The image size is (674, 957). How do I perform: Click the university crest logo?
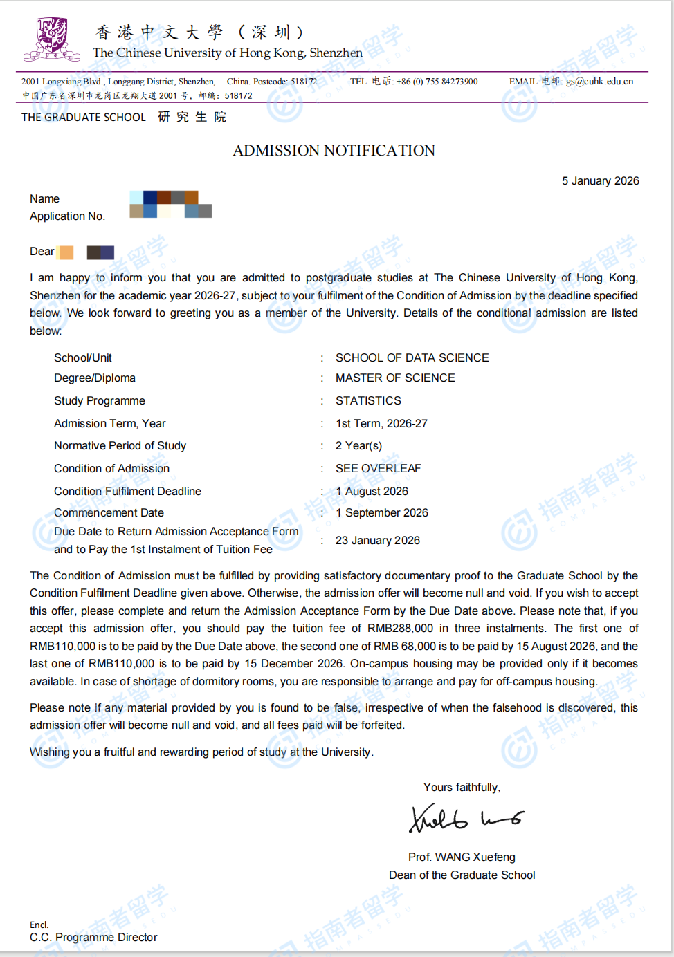click(52, 39)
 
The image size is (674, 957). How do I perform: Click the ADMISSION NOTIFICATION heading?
click(334, 151)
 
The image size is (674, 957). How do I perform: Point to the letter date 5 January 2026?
click(600, 181)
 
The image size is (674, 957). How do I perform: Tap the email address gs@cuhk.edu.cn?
click(599, 82)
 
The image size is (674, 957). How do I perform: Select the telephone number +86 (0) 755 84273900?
click(437, 82)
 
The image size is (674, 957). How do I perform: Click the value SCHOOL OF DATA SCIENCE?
click(412, 357)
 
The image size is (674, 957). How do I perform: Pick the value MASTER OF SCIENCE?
click(395, 378)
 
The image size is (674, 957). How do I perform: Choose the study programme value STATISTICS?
click(368, 400)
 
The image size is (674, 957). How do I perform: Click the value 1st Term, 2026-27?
click(381, 423)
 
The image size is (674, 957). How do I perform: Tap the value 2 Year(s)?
click(358, 445)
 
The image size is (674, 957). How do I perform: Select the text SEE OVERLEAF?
click(378, 468)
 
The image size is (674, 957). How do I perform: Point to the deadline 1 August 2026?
click(372, 491)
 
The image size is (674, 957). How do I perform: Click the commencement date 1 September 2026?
click(381, 512)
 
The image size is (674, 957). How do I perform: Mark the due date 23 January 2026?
click(377, 540)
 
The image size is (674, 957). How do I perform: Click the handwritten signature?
click(465, 818)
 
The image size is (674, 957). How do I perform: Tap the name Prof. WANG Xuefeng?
click(462, 857)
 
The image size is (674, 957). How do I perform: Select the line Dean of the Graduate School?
click(462, 875)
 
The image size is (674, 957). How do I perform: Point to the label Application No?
click(67, 216)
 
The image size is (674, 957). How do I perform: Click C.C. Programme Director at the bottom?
click(93, 937)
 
